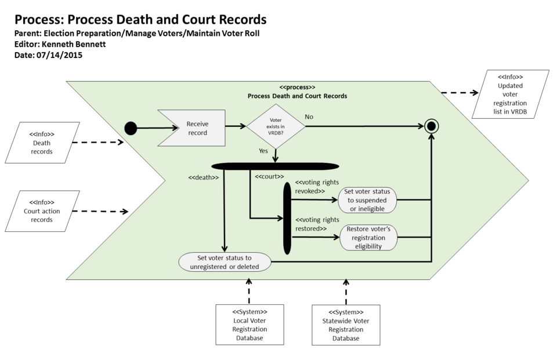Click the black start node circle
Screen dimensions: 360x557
click(x=131, y=128)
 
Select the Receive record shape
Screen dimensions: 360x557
click(x=194, y=128)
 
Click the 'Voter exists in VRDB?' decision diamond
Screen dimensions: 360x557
click(x=276, y=126)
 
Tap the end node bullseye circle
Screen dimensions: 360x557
click(x=431, y=126)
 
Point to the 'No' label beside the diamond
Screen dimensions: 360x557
click(x=309, y=117)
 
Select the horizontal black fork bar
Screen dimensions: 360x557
click(x=275, y=166)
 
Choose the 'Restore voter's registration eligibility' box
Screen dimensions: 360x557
click(x=368, y=237)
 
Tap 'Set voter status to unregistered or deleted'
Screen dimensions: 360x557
click(x=225, y=262)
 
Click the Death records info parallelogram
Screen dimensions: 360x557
click(x=42, y=143)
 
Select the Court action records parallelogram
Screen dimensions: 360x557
click(x=42, y=211)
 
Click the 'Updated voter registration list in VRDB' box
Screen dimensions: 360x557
click(x=511, y=94)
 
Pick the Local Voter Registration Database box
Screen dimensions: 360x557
click(x=249, y=324)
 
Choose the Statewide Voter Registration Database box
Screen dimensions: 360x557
click(x=346, y=324)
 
